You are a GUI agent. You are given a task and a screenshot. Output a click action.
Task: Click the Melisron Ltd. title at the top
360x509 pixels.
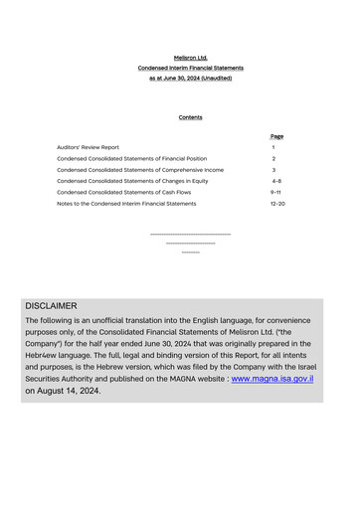click(190, 58)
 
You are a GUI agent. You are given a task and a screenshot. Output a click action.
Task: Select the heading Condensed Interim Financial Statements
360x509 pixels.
click(190, 68)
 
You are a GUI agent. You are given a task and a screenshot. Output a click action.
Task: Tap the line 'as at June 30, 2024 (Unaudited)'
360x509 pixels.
click(190, 78)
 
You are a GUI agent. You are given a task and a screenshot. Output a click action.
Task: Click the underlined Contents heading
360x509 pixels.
click(190, 117)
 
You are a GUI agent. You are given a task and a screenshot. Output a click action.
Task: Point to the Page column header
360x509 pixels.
click(276, 136)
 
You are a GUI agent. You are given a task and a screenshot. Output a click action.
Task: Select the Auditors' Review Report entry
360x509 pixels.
click(88, 147)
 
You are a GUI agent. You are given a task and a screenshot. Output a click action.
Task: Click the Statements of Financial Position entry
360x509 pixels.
click(131, 159)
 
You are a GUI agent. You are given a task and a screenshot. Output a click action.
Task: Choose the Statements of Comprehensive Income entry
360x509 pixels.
click(139, 170)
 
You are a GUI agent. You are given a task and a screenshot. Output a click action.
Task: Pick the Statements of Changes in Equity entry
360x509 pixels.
click(132, 181)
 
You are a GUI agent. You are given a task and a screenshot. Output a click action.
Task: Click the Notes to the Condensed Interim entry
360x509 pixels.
click(126, 203)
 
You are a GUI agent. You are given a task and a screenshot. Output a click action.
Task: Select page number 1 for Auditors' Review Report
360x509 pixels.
click(273, 147)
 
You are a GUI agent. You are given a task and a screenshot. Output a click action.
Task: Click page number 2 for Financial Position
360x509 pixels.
click(273, 159)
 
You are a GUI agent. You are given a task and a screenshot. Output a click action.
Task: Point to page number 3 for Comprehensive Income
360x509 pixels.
click(273, 170)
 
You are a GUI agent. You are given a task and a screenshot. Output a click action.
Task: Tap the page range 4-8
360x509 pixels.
click(275, 181)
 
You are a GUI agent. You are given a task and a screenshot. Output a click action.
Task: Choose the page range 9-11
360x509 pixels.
click(275, 192)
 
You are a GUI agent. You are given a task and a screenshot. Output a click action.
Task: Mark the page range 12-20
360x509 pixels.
click(277, 203)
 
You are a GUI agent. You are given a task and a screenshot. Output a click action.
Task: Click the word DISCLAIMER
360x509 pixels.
click(51, 306)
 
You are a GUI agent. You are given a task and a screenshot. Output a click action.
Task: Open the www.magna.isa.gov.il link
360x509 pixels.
click(272, 378)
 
